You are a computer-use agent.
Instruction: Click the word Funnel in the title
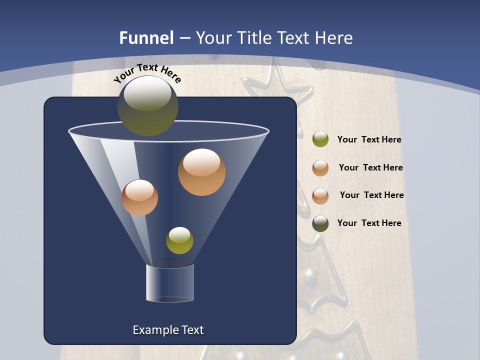pyautogui.click(x=146, y=38)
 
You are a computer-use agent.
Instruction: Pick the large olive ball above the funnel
pyautogui.click(x=148, y=105)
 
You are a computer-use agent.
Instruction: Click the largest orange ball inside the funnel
pyautogui.click(x=201, y=172)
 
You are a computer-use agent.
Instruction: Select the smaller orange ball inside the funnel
pyautogui.click(x=139, y=197)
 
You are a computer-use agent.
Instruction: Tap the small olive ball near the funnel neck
pyautogui.click(x=179, y=240)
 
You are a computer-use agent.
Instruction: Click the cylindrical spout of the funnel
pyautogui.click(x=170, y=283)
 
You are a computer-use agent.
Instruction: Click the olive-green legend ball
pyautogui.click(x=320, y=139)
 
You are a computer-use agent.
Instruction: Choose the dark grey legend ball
pyautogui.click(x=320, y=223)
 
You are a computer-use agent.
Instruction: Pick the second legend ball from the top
pyautogui.click(x=320, y=168)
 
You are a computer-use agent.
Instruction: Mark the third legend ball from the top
pyautogui.click(x=320, y=196)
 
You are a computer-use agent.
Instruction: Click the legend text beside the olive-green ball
pyautogui.click(x=369, y=140)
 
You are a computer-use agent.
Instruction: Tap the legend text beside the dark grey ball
pyautogui.click(x=369, y=223)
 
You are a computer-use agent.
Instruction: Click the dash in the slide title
pyautogui.click(x=184, y=38)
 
